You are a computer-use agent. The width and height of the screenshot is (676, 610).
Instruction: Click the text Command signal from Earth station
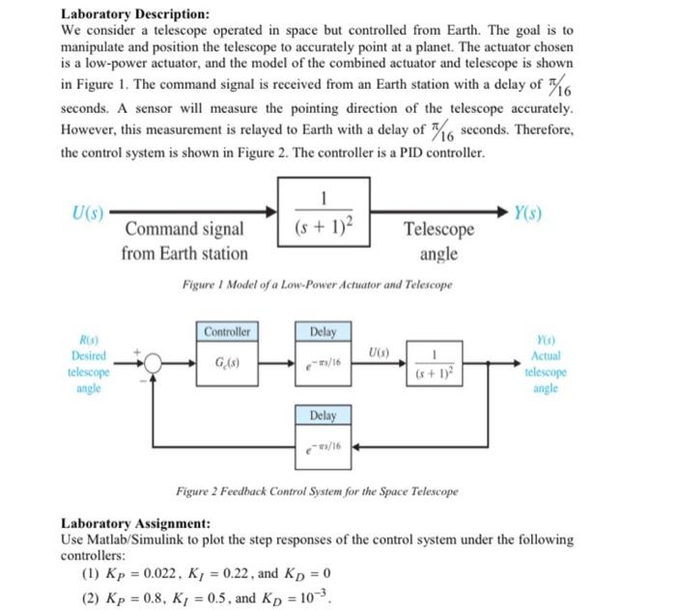click(184, 241)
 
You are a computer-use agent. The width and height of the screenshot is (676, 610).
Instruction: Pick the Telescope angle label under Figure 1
click(438, 241)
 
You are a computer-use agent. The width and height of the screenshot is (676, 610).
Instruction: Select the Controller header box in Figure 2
click(228, 331)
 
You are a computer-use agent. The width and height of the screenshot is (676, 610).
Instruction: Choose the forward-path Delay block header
click(323, 332)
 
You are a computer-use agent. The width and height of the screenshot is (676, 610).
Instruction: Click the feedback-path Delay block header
click(323, 415)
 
